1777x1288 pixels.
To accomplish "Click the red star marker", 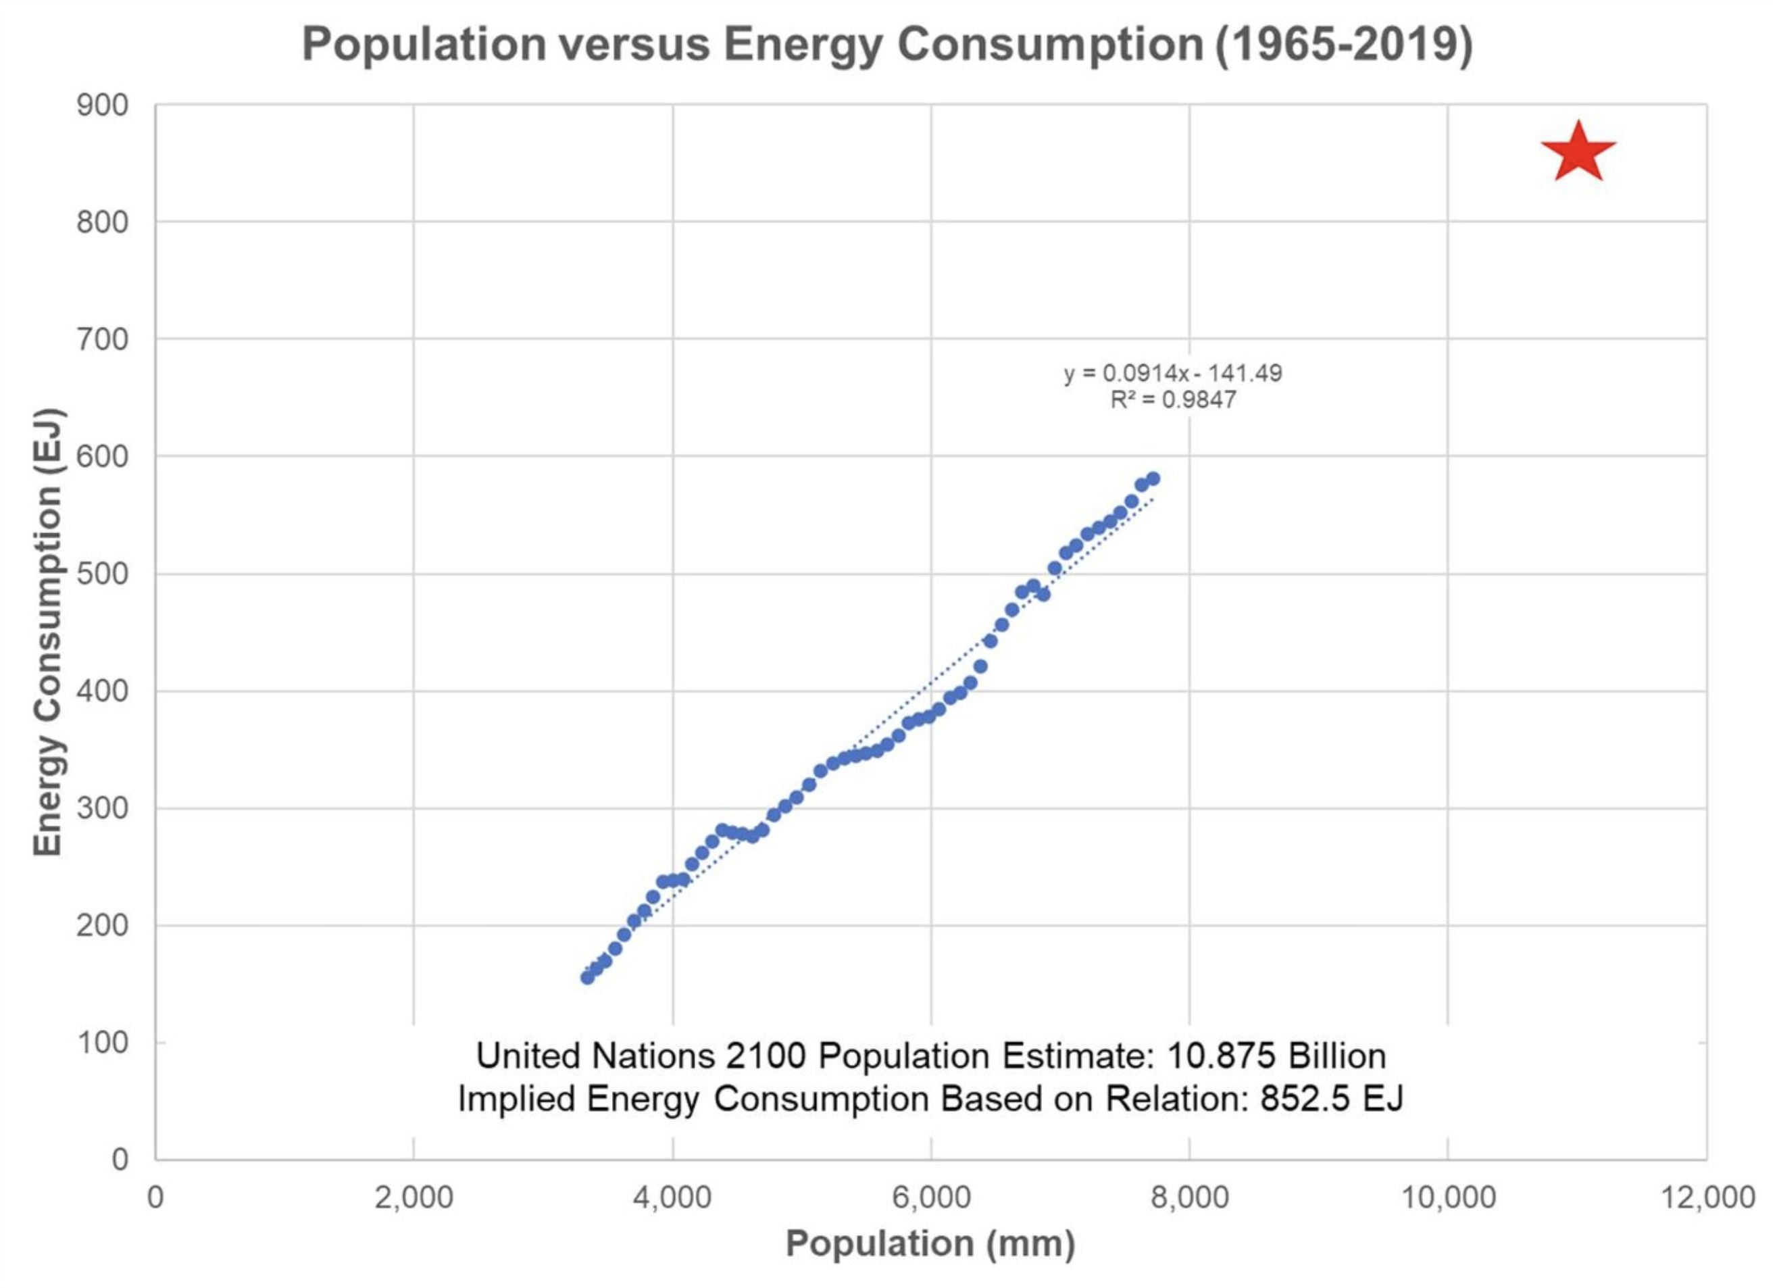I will click(1577, 153).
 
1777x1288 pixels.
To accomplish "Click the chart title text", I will click(887, 44).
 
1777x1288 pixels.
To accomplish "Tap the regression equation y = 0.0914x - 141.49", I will click(1172, 373).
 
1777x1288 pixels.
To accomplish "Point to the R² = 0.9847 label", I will click(1172, 400).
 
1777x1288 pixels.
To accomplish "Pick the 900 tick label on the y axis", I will click(103, 105).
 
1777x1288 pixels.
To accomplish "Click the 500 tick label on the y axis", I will click(103, 574).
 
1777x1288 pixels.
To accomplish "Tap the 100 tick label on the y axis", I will click(103, 1043).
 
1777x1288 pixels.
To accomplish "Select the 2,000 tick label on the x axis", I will click(414, 1198).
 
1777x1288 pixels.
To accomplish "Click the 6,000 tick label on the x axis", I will click(931, 1198).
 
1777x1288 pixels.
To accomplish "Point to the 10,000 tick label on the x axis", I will click(1447, 1198).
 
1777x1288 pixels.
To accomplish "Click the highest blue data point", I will click(1153, 478).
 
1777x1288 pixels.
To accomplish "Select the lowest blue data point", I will click(587, 977).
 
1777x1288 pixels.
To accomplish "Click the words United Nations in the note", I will click(595, 1056).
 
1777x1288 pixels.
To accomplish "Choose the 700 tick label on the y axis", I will click(103, 339).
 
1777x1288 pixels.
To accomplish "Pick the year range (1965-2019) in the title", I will click(1344, 44).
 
